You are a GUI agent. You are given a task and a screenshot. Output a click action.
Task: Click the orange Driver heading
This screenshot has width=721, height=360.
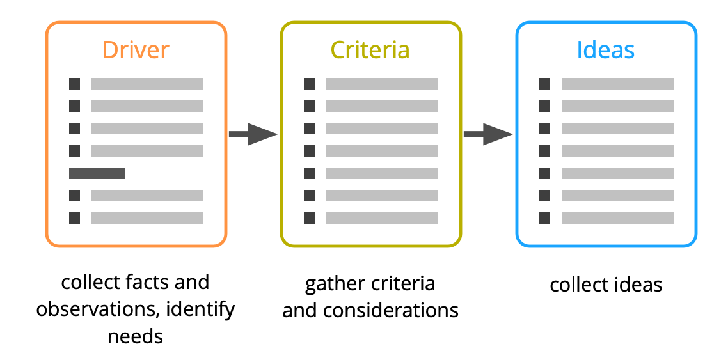(x=136, y=51)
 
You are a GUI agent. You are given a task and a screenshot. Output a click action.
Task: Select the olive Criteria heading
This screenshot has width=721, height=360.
(x=370, y=51)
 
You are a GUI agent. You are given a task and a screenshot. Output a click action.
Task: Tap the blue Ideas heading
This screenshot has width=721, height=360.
(x=605, y=51)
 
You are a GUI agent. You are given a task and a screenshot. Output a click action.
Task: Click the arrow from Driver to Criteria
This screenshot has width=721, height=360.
(x=253, y=134)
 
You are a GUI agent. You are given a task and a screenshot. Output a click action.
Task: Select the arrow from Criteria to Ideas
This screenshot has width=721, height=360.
(x=487, y=134)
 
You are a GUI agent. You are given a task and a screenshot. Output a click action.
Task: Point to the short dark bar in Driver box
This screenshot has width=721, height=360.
(x=97, y=173)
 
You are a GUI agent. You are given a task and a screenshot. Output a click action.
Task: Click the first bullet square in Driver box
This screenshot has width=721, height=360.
(x=74, y=84)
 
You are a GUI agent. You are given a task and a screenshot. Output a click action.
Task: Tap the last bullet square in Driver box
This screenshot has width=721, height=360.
(x=74, y=218)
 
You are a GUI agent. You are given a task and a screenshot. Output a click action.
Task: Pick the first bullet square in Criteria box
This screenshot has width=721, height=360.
(x=310, y=84)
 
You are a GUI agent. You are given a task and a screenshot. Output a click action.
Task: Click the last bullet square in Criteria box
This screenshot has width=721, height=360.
(x=310, y=218)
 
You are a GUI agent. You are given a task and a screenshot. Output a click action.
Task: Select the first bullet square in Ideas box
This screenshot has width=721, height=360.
(x=544, y=84)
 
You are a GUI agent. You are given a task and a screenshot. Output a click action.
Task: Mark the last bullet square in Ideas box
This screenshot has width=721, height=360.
(x=544, y=218)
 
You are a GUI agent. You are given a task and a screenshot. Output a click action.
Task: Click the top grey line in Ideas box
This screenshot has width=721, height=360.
(x=617, y=84)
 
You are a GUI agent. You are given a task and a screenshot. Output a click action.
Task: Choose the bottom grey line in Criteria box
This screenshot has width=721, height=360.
(x=382, y=218)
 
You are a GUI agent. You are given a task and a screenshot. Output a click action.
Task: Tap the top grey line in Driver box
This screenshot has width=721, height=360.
(x=147, y=84)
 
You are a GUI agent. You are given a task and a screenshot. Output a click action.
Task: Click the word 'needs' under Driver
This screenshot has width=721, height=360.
(x=135, y=336)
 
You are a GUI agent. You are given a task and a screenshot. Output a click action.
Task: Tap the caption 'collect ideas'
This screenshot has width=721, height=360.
(x=605, y=285)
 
